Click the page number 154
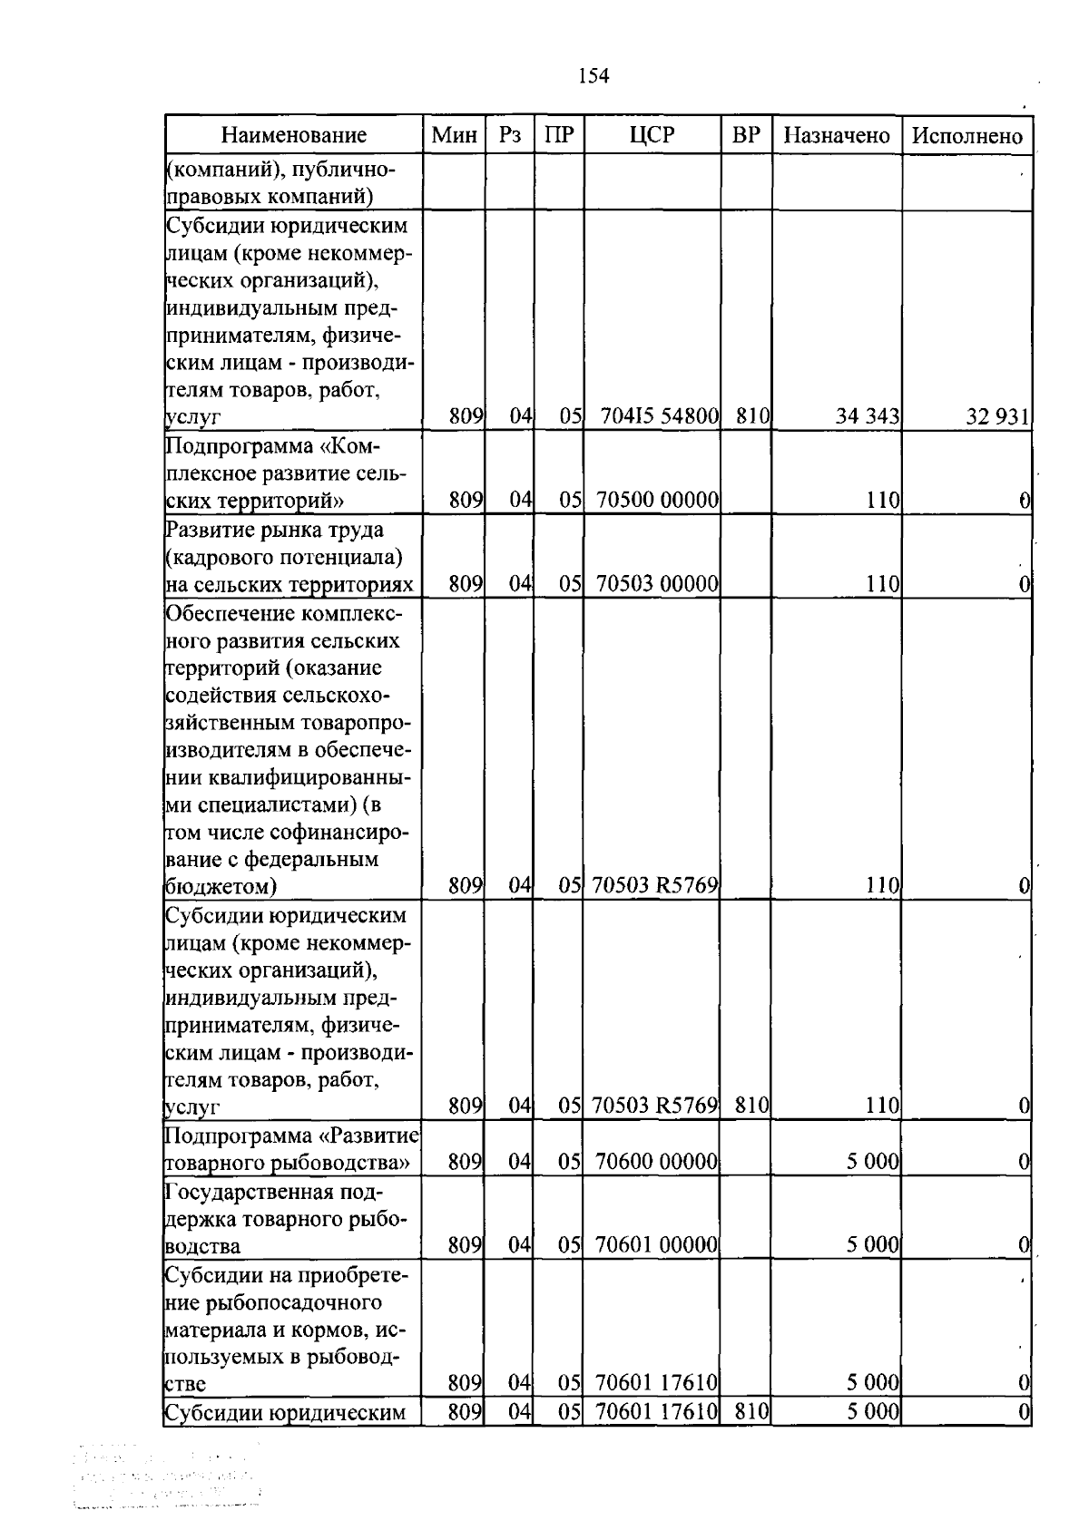click(594, 76)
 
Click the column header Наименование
click(294, 136)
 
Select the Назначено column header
click(837, 136)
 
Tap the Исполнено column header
click(967, 136)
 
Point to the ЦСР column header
click(652, 136)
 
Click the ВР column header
click(746, 136)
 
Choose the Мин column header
click(455, 136)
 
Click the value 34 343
click(868, 417)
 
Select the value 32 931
click(997, 417)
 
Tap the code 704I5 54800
click(660, 417)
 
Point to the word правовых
click(211, 196)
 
